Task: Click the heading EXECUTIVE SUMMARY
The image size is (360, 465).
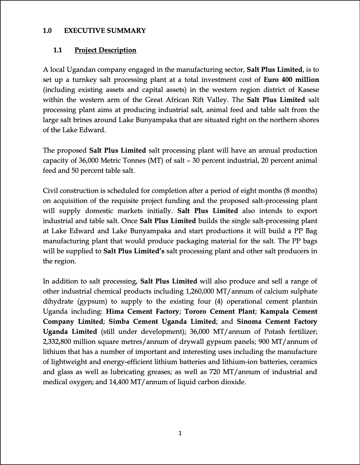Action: (x=105, y=31)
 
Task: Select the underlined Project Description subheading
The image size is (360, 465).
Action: (x=105, y=50)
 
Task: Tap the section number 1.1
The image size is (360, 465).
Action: (x=58, y=50)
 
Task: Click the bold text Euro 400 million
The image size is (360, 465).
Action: (x=291, y=80)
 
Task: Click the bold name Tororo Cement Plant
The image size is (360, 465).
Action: (x=219, y=312)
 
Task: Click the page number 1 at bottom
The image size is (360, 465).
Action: (x=180, y=433)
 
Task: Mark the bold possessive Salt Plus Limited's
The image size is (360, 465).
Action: (x=134, y=251)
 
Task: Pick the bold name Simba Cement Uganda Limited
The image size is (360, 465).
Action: (x=162, y=322)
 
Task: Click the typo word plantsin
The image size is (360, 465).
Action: (x=303, y=302)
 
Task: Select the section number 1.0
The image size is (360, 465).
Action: (x=47, y=31)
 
